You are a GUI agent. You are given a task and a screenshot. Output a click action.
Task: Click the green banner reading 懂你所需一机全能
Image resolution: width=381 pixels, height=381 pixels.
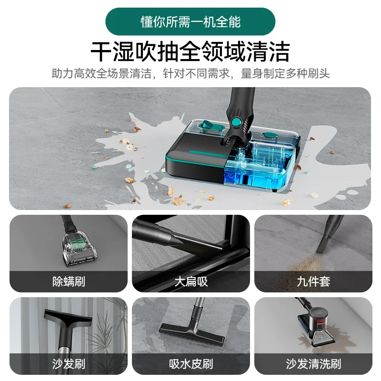tap(190, 21)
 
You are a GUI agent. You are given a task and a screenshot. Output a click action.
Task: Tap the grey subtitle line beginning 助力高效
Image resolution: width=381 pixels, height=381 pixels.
tap(190, 74)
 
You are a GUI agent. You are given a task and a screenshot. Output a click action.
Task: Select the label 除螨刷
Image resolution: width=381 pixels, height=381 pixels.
tap(69, 281)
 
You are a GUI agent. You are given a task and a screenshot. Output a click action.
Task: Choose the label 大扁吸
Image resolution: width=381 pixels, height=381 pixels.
tap(190, 281)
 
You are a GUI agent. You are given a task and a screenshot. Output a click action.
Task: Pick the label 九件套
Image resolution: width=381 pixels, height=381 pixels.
tap(313, 281)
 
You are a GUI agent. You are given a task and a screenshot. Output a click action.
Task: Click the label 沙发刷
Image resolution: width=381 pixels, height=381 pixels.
tap(69, 364)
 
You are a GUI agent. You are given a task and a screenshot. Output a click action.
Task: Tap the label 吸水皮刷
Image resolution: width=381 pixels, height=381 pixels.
tap(190, 364)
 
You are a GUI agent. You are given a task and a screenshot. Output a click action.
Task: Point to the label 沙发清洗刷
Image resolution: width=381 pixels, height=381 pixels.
tap(313, 364)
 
